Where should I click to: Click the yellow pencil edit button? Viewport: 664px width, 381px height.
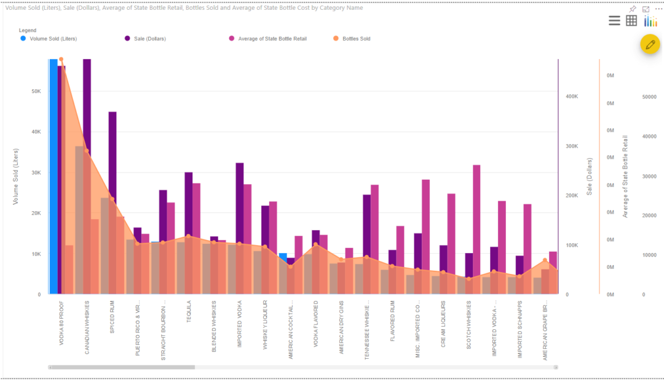(650, 44)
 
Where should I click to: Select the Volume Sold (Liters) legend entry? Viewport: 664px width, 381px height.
(53, 39)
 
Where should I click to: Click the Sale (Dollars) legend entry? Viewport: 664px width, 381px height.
(149, 39)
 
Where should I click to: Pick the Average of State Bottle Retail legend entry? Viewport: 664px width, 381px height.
(272, 39)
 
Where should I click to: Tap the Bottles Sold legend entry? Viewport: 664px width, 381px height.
(356, 39)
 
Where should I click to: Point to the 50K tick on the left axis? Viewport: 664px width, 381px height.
(35, 91)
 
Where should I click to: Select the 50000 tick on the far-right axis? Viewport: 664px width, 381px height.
(649, 97)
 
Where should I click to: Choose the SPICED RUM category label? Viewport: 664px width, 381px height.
(112, 316)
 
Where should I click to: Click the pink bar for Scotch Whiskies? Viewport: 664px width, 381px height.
(476, 222)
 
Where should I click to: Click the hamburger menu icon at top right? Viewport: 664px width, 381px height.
(614, 21)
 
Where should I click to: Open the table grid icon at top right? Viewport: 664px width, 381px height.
(631, 21)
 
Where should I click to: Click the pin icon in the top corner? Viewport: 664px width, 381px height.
(633, 9)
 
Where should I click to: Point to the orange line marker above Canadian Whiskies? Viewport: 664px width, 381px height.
(87, 151)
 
